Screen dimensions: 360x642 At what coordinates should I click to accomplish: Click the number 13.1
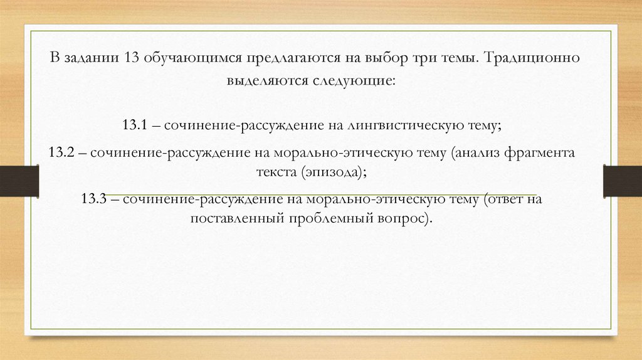(x=135, y=125)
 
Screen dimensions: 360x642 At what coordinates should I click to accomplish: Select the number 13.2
(x=61, y=152)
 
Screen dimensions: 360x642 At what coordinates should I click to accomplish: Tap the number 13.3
(x=93, y=199)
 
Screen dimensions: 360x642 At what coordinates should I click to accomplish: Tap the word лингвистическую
(x=403, y=125)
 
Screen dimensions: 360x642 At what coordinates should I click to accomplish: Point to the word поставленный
(x=237, y=219)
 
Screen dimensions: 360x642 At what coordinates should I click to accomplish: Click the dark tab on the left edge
(x=19, y=180)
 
